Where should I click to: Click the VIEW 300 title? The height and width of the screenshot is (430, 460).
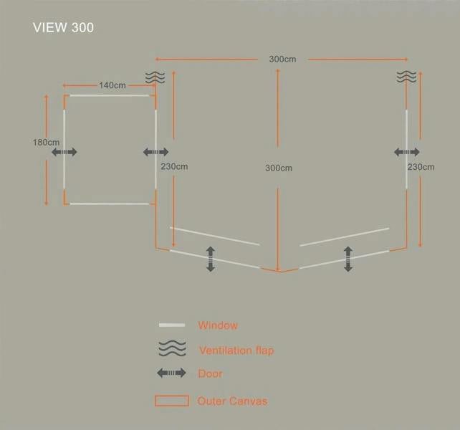[63, 27]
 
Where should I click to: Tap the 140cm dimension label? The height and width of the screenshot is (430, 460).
[112, 85]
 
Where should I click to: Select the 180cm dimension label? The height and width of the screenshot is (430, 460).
[46, 143]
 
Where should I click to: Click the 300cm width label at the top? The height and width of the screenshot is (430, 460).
[282, 59]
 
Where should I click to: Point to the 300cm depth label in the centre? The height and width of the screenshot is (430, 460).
[279, 168]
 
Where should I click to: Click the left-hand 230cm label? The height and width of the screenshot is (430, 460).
[174, 166]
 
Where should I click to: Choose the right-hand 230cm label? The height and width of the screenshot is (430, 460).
[421, 167]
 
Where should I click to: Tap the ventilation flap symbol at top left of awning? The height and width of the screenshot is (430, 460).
[155, 77]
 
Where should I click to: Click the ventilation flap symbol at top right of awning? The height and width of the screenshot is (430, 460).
[406, 77]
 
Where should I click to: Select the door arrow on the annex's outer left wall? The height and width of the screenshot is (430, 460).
[64, 152]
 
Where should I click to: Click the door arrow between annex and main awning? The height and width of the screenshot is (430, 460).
[155, 152]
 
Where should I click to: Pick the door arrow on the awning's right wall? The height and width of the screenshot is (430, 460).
[406, 152]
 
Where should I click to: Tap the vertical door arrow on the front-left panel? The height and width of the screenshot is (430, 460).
[211, 259]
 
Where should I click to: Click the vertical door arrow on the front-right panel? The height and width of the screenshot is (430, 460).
[348, 259]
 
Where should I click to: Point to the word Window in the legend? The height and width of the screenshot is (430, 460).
[218, 325]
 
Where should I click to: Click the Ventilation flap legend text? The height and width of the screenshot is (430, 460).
[236, 350]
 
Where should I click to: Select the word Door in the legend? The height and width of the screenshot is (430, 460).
[210, 373]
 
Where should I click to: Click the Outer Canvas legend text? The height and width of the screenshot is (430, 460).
[232, 401]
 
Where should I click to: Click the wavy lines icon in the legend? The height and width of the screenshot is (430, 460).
[172, 348]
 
